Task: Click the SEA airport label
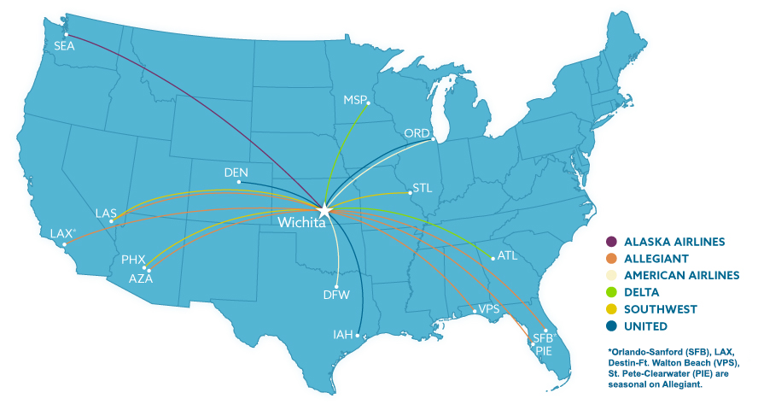point(64,46)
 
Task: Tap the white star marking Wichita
point(324,208)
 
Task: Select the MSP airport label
point(354,100)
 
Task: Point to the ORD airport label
point(417,133)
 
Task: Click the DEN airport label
point(236,173)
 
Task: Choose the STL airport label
point(423,187)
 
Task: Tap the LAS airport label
point(107,213)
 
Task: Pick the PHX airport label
point(133,259)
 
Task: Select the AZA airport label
point(141,278)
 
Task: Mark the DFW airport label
point(336,296)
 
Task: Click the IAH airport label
point(343,335)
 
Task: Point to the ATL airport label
point(508,255)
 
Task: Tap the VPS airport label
point(489,308)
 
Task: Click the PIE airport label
point(544,350)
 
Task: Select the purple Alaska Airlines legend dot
point(611,242)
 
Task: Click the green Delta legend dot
point(611,292)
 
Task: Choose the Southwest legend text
point(661,309)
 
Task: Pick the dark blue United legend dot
point(611,326)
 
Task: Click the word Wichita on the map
point(301,224)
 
